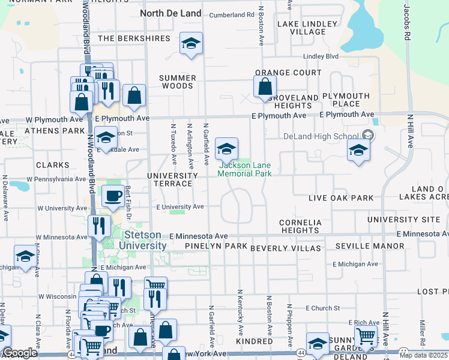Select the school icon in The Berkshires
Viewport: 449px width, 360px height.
191,43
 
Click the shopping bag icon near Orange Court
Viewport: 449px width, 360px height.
265,87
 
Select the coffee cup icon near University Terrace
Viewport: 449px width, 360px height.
112,196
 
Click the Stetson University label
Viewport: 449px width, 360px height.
142,241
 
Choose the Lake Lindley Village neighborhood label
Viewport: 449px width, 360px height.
301,28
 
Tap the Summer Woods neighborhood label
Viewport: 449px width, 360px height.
176,82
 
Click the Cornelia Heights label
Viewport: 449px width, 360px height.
300,226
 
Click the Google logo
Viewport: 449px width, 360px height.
20,353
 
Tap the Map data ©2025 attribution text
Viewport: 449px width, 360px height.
424,355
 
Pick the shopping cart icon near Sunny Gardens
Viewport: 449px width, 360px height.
366,337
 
